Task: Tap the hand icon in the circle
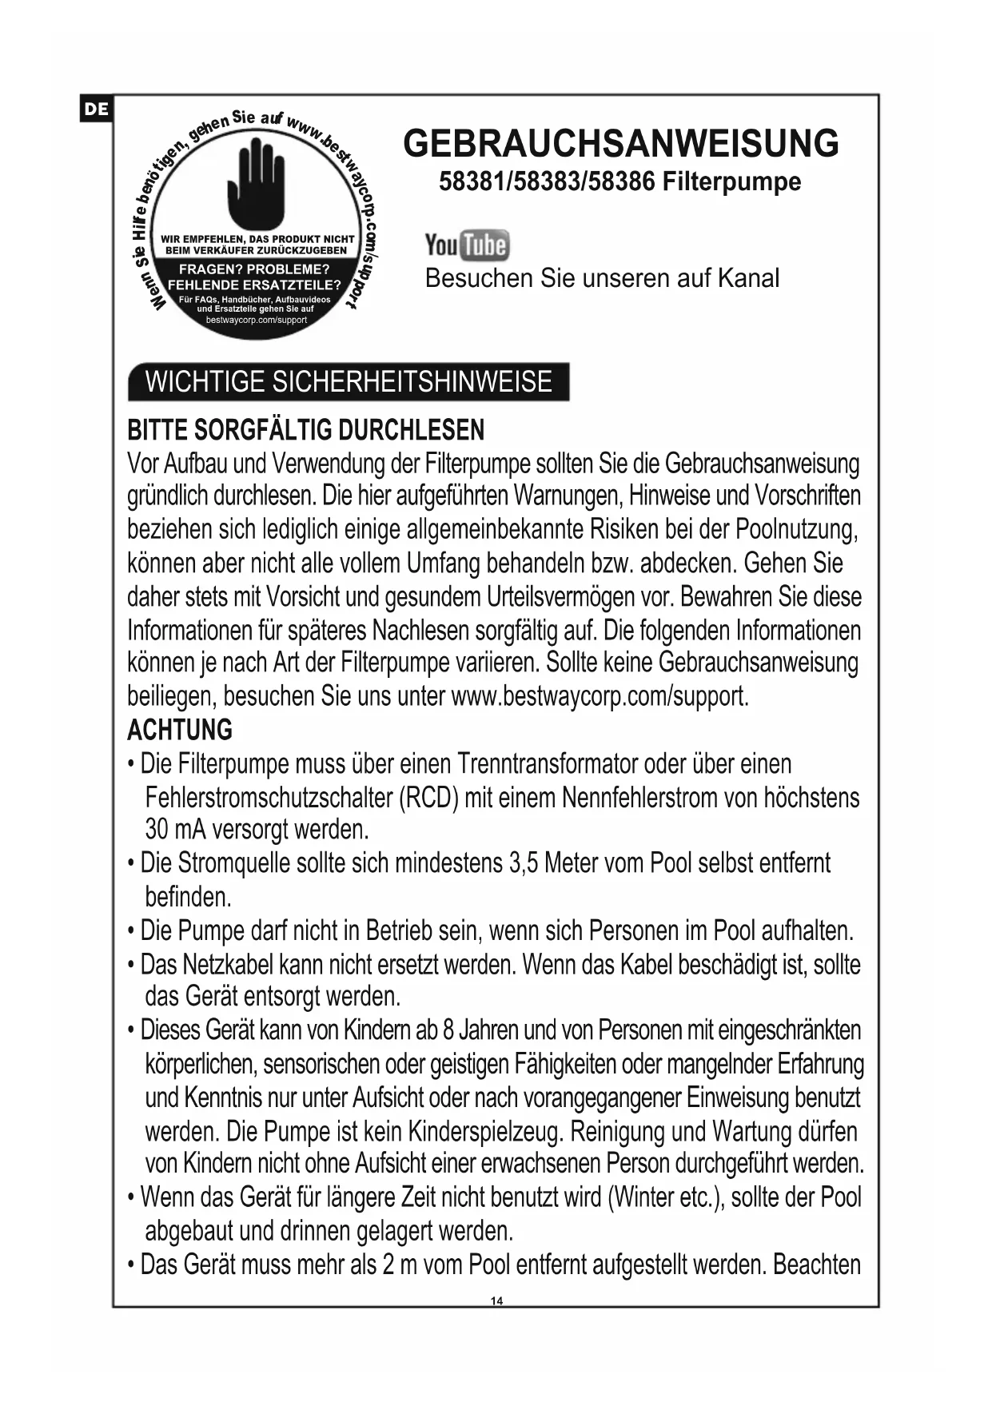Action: coord(256,183)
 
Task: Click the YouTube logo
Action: coord(467,245)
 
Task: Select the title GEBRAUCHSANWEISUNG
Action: coord(621,144)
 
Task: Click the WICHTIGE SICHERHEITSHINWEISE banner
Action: coord(349,382)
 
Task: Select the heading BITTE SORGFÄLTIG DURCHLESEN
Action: coord(306,430)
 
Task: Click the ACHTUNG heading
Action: coord(180,730)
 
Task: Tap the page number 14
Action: coord(496,1300)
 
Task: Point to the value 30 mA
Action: coord(176,830)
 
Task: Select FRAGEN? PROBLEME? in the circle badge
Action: coord(254,269)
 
